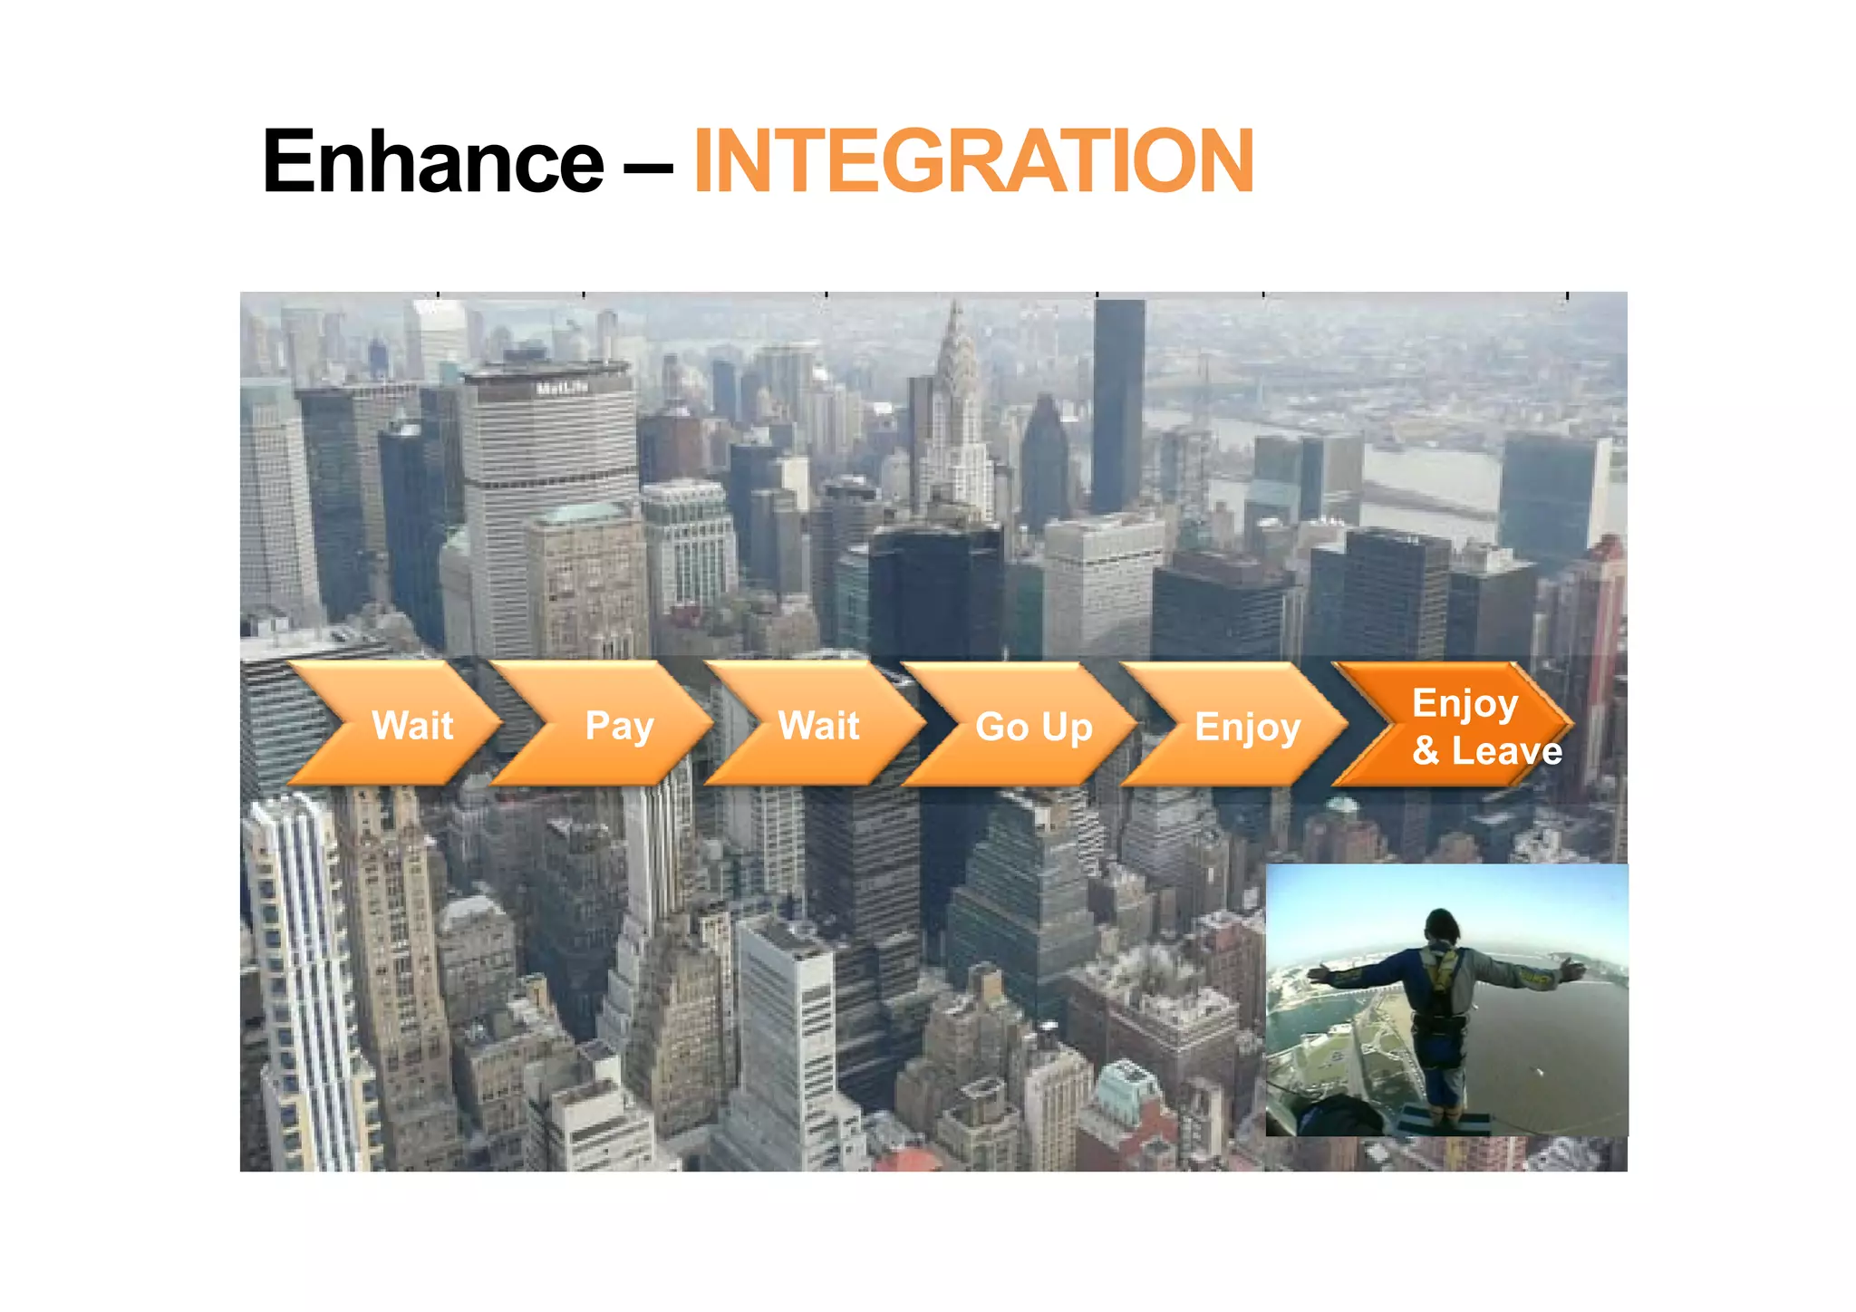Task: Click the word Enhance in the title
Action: point(432,161)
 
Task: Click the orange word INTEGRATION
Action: point(973,161)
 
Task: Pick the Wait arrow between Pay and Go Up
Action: point(818,725)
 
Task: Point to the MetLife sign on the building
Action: point(562,388)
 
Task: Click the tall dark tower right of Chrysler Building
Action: point(1117,408)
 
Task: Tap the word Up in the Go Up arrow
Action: point(1067,728)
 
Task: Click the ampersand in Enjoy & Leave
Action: point(1426,750)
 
